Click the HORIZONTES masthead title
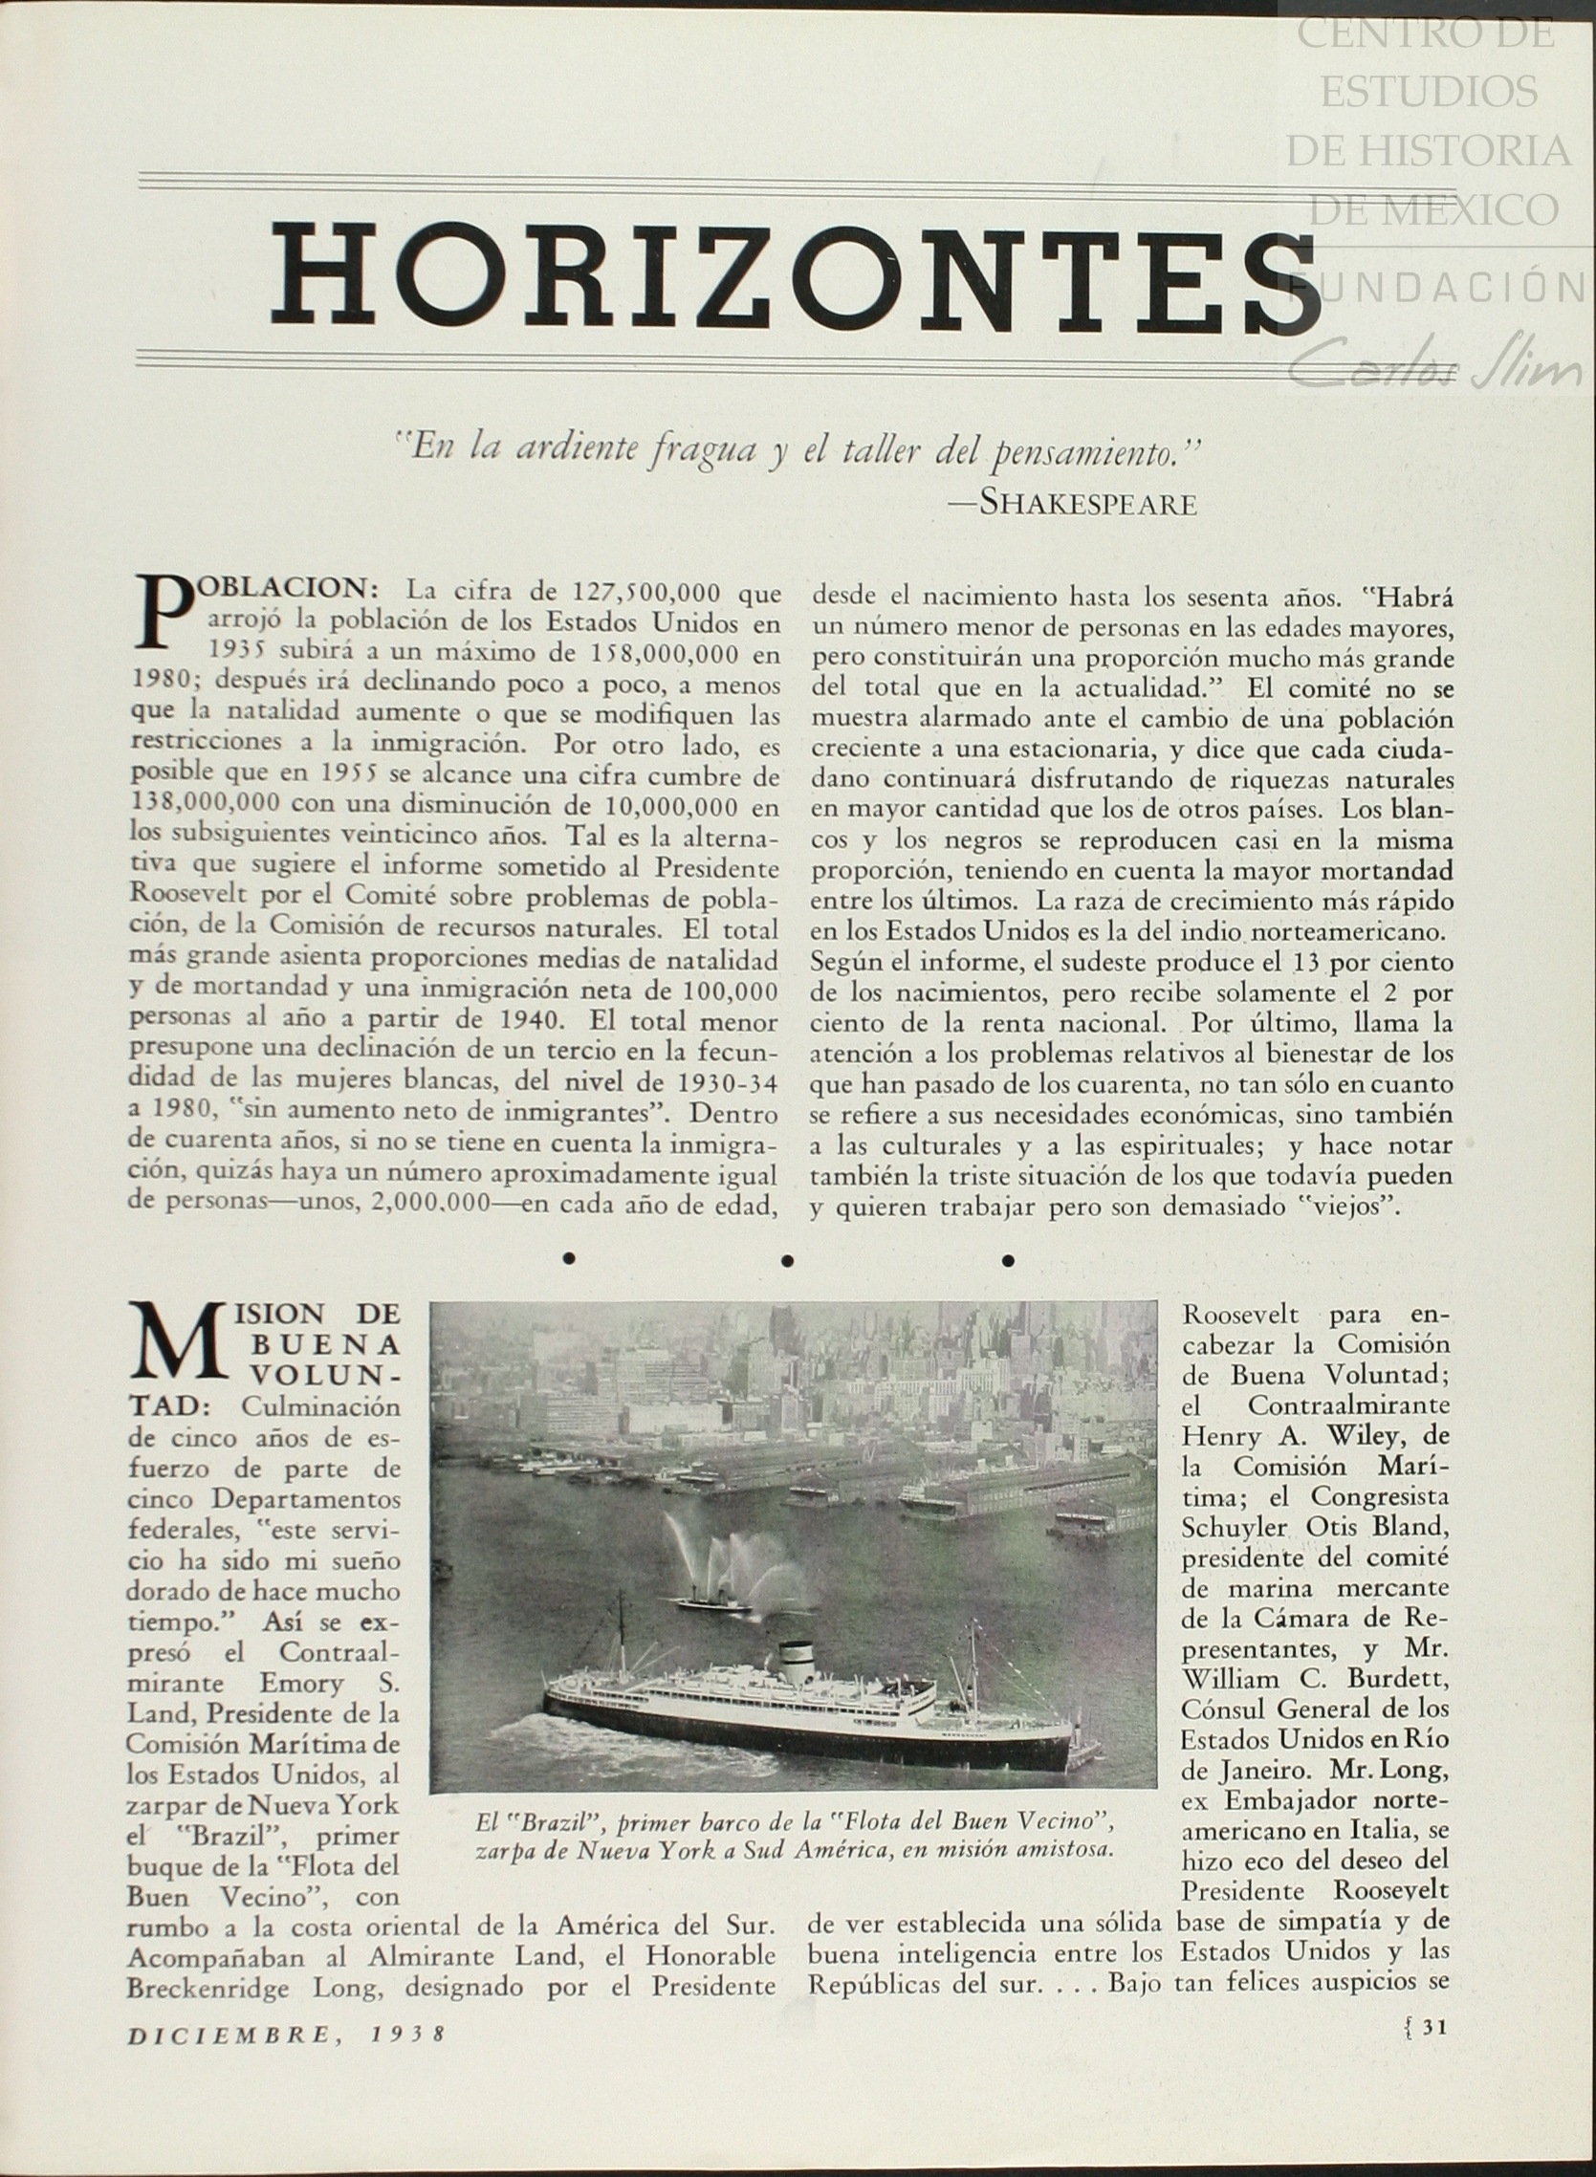point(794,278)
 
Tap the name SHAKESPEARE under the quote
point(1088,503)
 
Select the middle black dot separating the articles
point(788,1259)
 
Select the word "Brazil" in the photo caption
point(547,1823)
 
